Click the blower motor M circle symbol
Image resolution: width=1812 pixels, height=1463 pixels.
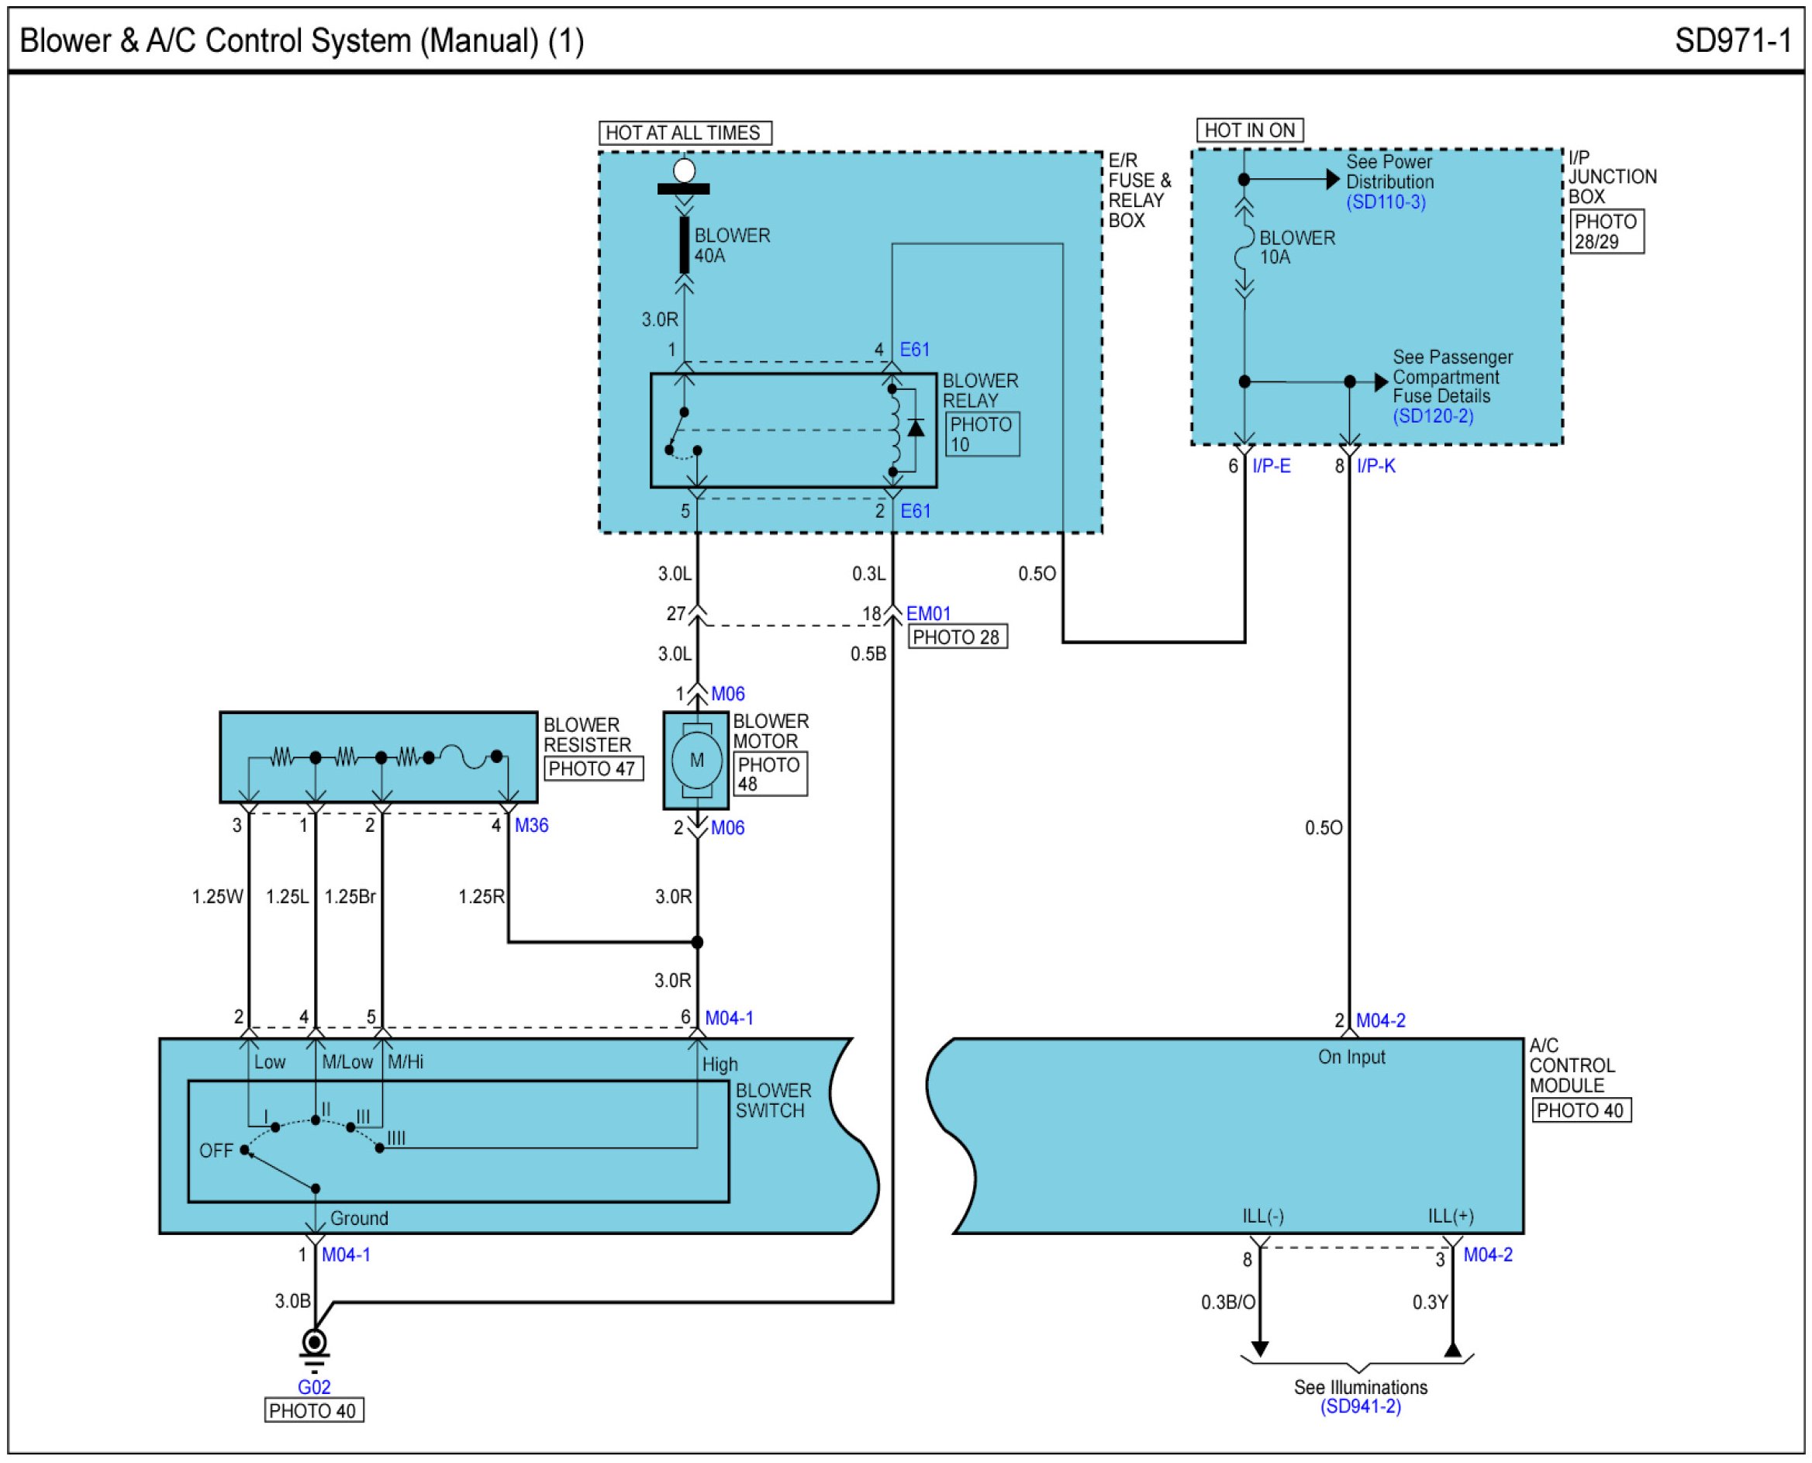(x=696, y=760)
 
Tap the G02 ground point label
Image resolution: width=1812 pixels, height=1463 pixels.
(x=313, y=1386)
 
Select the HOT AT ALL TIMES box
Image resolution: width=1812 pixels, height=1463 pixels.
(x=684, y=133)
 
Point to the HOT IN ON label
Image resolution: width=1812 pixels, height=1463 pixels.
(x=1249, y=130)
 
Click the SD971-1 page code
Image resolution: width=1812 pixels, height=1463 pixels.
(x=1732, y=40)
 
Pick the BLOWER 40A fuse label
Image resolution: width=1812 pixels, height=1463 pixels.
(x=730, y=245)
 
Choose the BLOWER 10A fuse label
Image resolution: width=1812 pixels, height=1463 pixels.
(x=1296, y=248)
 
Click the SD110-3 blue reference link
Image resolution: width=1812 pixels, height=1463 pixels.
(x=1386, y=202)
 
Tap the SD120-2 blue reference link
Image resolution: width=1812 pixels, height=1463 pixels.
(x=1433, y=416)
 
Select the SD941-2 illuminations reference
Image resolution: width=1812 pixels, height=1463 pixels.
(x=1360, y=1406)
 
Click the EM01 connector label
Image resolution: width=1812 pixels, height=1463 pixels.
(x=928, y=613)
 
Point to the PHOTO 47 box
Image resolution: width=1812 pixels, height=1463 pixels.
(x=592, y=768)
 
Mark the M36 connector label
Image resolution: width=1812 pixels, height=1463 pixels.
(x=531, y=825)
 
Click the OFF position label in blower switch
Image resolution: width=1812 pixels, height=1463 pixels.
(x=216, y=1151)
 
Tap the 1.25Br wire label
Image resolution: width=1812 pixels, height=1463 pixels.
(x=350, y=897)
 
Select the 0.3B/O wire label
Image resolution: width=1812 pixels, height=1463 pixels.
(x=1228, y=1302)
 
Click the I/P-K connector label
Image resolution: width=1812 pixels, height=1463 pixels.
(x=1375, y=466)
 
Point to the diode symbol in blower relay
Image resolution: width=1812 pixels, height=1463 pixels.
(x=915, y=428)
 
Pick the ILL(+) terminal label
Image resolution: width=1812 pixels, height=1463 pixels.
(x=1451, y=1216)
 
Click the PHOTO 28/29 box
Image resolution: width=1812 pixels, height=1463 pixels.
(x=1607, y=232)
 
